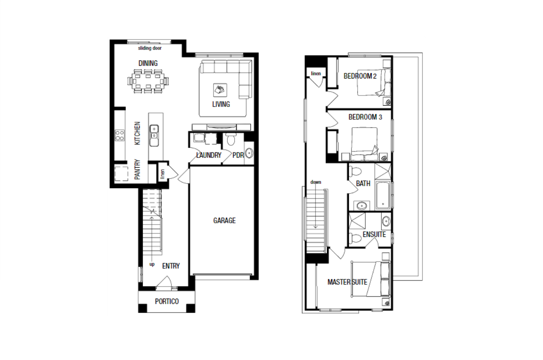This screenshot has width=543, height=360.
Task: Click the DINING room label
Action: (x=148, y=63)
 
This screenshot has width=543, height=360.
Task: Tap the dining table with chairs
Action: (x=148, y=81)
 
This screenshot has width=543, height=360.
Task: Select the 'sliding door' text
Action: (x=150, y=48)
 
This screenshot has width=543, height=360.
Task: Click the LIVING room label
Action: (x=221, y=104)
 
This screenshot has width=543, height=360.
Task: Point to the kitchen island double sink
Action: (x=154, y=135)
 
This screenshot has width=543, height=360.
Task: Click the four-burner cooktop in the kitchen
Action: (x=120, y=135)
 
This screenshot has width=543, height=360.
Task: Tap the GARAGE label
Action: (x=224, y=220)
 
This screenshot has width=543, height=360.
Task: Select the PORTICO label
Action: (x=167, y=301)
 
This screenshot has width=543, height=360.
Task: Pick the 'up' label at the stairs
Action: (x=152, y=264)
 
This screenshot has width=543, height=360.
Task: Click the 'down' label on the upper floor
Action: (x=316, y=182)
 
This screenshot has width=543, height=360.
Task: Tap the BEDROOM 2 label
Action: (x=360, y=76)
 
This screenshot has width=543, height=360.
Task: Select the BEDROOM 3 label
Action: (x=365, y=117)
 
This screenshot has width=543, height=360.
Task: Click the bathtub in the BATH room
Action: (x=383, y=195)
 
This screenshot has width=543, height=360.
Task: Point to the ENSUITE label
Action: (x=374, y=234)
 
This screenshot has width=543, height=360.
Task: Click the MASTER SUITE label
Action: (x=347, y=282)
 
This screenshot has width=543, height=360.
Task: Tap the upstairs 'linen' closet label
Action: (x=316, y=73)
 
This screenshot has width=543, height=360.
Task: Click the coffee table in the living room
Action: (x=220, y=90)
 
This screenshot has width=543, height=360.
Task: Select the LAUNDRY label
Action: (x=209, y=155)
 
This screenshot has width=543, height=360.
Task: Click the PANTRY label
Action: (x=137, y=169)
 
